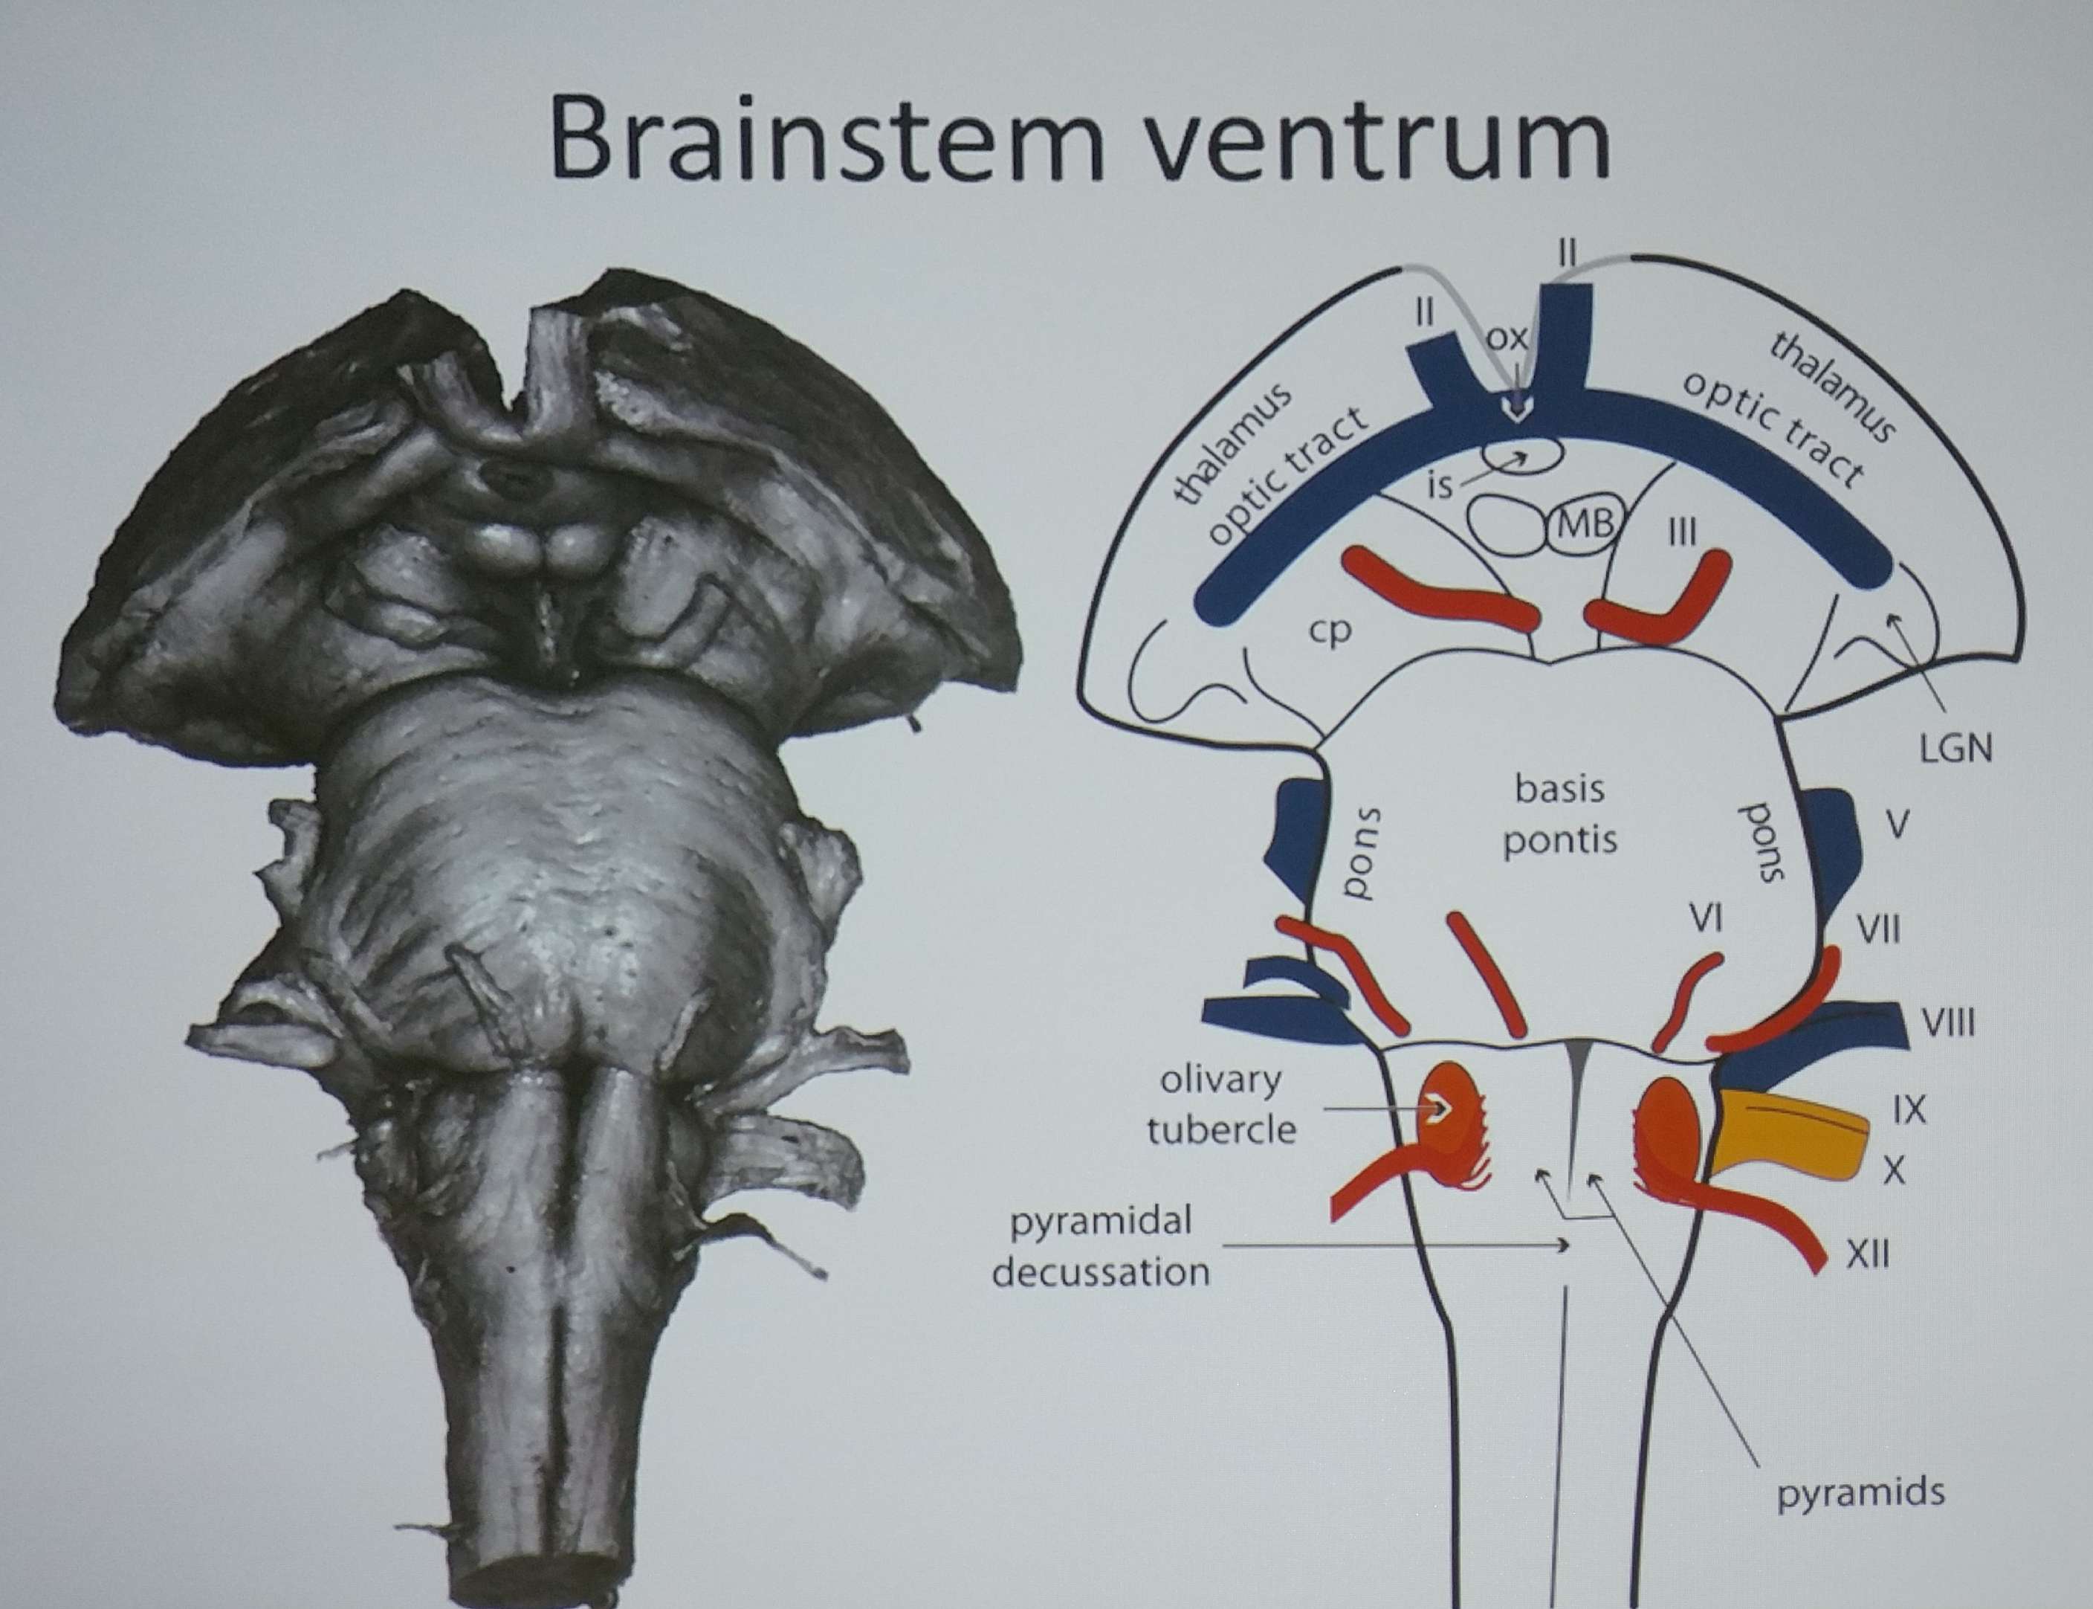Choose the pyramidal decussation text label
1101,1247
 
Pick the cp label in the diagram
1330,631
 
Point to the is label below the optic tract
1439,486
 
